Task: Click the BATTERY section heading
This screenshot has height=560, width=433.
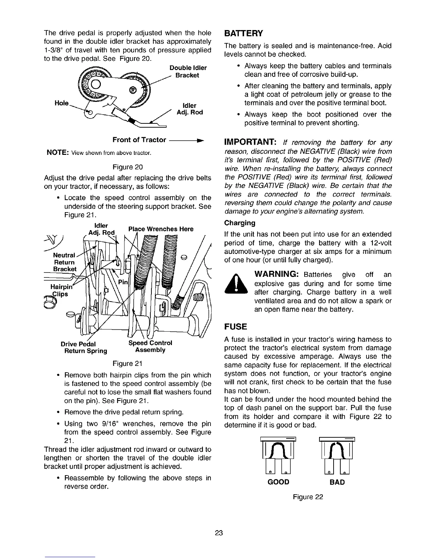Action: pos(244,34)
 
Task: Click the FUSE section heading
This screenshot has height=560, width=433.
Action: pos(234,326)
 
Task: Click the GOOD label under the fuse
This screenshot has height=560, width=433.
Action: pos(279,482)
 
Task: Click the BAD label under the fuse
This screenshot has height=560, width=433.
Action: pos(337,482)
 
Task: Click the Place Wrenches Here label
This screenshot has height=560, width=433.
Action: pos(161,229)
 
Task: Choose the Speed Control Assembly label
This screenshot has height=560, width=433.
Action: pos(150,346)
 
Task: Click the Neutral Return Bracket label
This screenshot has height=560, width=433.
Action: pos(64,262)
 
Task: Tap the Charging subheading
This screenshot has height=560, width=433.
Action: pos(239,223)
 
